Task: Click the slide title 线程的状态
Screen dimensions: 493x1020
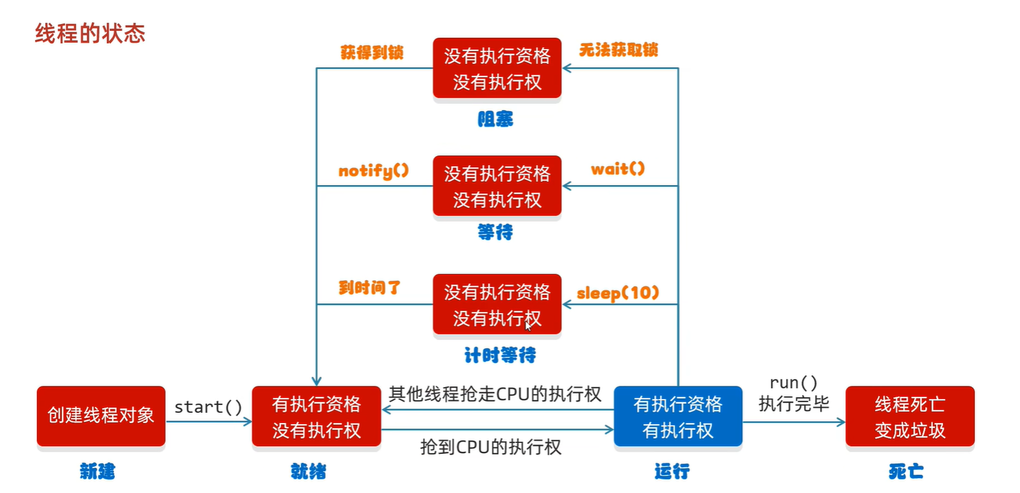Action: (90, 34)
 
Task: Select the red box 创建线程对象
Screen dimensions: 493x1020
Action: (101, 416)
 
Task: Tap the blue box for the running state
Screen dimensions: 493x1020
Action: (677, 417)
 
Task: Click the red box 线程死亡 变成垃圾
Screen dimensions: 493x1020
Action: (909, 417)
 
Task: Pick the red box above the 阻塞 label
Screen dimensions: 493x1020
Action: (497, 69)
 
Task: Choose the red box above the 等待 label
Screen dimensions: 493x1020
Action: (497, 186)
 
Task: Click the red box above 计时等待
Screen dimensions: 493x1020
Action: (497, 305)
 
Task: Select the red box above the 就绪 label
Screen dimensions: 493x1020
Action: (316, 417)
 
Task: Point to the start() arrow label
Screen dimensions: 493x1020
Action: (208, 407)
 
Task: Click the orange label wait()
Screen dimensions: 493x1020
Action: (618, 169)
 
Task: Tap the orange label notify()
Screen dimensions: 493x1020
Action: (373, 171)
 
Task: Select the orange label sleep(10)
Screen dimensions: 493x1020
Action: (618, 293)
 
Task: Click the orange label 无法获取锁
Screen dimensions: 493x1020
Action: (618, 50)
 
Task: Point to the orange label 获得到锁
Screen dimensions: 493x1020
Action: (372, 52)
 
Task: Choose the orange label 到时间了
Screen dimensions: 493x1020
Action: (369, 288)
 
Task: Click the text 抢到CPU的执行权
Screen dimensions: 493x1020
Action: (491, 447)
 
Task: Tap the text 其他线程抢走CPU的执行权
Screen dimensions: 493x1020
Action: (495, 394)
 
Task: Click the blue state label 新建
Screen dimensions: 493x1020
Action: (98, 471)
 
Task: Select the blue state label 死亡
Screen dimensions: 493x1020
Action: (906, 471)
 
